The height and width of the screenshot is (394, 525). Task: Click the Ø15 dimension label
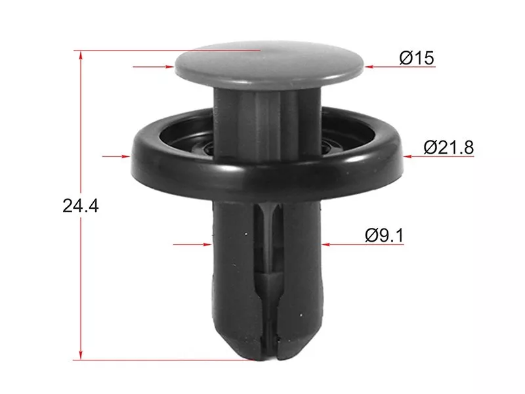tap(417, 58)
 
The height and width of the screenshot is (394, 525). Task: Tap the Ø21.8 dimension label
tap(449, 147)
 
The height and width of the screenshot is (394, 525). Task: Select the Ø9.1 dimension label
tap(385, 235)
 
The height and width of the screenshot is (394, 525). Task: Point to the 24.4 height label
tap(81, 206)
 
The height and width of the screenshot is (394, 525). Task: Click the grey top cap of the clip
tap(269, 65)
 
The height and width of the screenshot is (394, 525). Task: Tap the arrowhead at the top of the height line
tap(81, 55)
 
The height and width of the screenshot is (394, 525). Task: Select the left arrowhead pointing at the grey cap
tap(170, 67)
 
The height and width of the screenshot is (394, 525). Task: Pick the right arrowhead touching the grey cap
tap(369, 67)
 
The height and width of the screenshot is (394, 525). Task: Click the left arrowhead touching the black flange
tap(125, 156)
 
